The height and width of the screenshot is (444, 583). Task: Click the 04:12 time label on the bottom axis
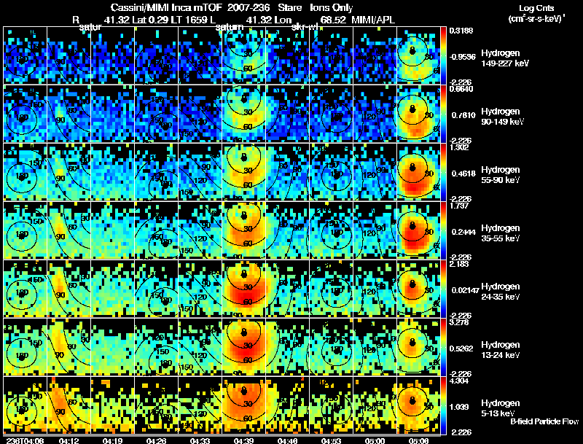(x=69, y=440)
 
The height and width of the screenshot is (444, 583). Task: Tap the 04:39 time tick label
(x=244, y=440)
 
